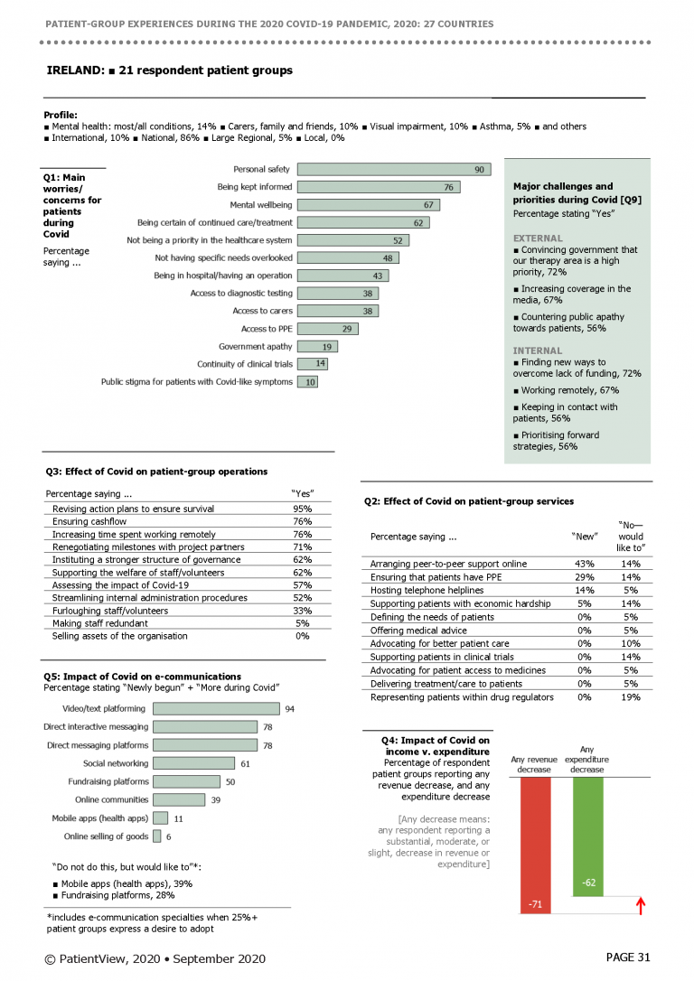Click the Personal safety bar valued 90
pyautogui.click(x=394, y=169)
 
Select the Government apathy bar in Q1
pyautogui.click(x=317, y=346)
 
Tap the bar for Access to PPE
pyautogui.click(x=328, y=329)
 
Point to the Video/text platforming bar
pyautogui.click(x=217, y=708)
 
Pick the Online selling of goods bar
pyautogui.click(x=157, y=836)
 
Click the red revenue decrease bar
pyautogui.click(x=536, y=846)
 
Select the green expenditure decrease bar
pyautogui.click(x=588, y=836)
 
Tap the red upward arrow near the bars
pyautogui.click(x=640, y=906)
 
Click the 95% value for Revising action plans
pyautogui.click(x=302, y=509)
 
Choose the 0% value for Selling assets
pyautogui.click(x=302, y=636)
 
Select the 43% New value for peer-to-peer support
pyautogui.click(x=585, y=564)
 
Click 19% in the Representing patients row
pyautogui.click(x=631, y=697)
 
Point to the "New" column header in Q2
pyautogui.click(x=585, y=537)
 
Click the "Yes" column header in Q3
pyautogui.click(x=302, y=493)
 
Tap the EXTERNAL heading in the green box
pyautogui.click(x=538, y=238)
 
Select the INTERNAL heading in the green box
pyautogui.click(x=538, y=351)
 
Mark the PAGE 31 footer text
pyautogui.click(x=628, y=958)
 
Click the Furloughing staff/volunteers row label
pyautogui.click(x=110, y=611)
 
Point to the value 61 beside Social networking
pyautogui.click(x=245, y=764)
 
